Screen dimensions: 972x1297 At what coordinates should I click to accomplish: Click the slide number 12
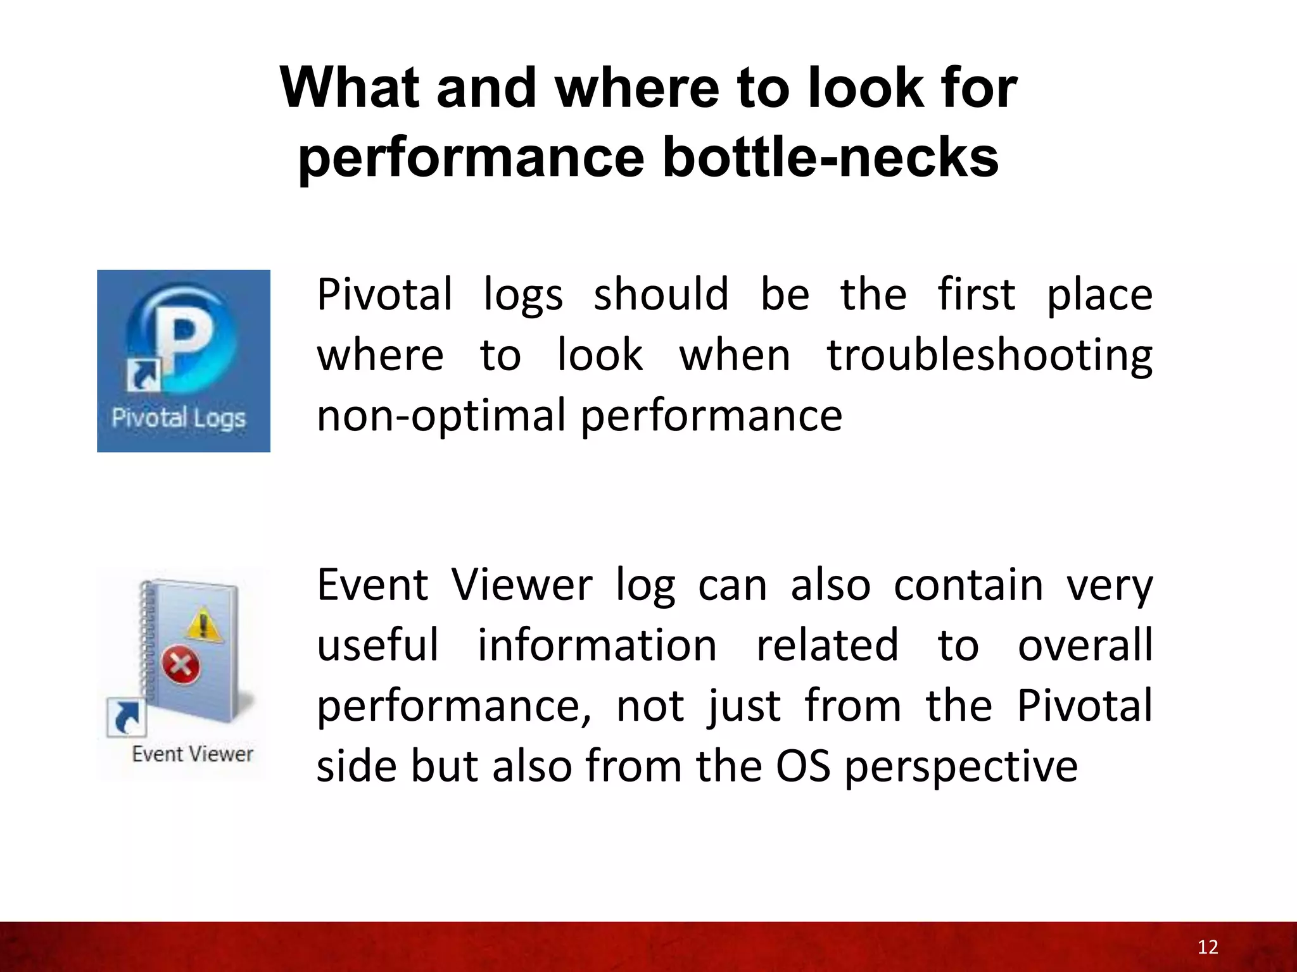click(1208, 947)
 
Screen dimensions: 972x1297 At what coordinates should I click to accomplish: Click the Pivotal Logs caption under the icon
click(179, 418)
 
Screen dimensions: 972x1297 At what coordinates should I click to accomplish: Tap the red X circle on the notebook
click(181, 665)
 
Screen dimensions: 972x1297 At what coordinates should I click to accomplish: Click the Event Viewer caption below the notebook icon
click(193, 754)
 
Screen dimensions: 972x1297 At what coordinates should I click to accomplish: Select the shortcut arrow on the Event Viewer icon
click(127, 717)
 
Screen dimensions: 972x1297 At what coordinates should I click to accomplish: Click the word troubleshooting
click(989, 356)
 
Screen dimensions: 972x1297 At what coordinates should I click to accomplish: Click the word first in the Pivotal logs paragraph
click(976, 295)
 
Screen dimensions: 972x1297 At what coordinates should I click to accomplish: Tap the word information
click(597, 645)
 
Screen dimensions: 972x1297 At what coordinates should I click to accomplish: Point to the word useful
click(377, 645)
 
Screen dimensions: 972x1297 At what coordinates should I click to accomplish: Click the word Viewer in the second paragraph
click(522, 585)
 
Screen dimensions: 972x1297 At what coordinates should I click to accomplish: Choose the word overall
click(1085, 645)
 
